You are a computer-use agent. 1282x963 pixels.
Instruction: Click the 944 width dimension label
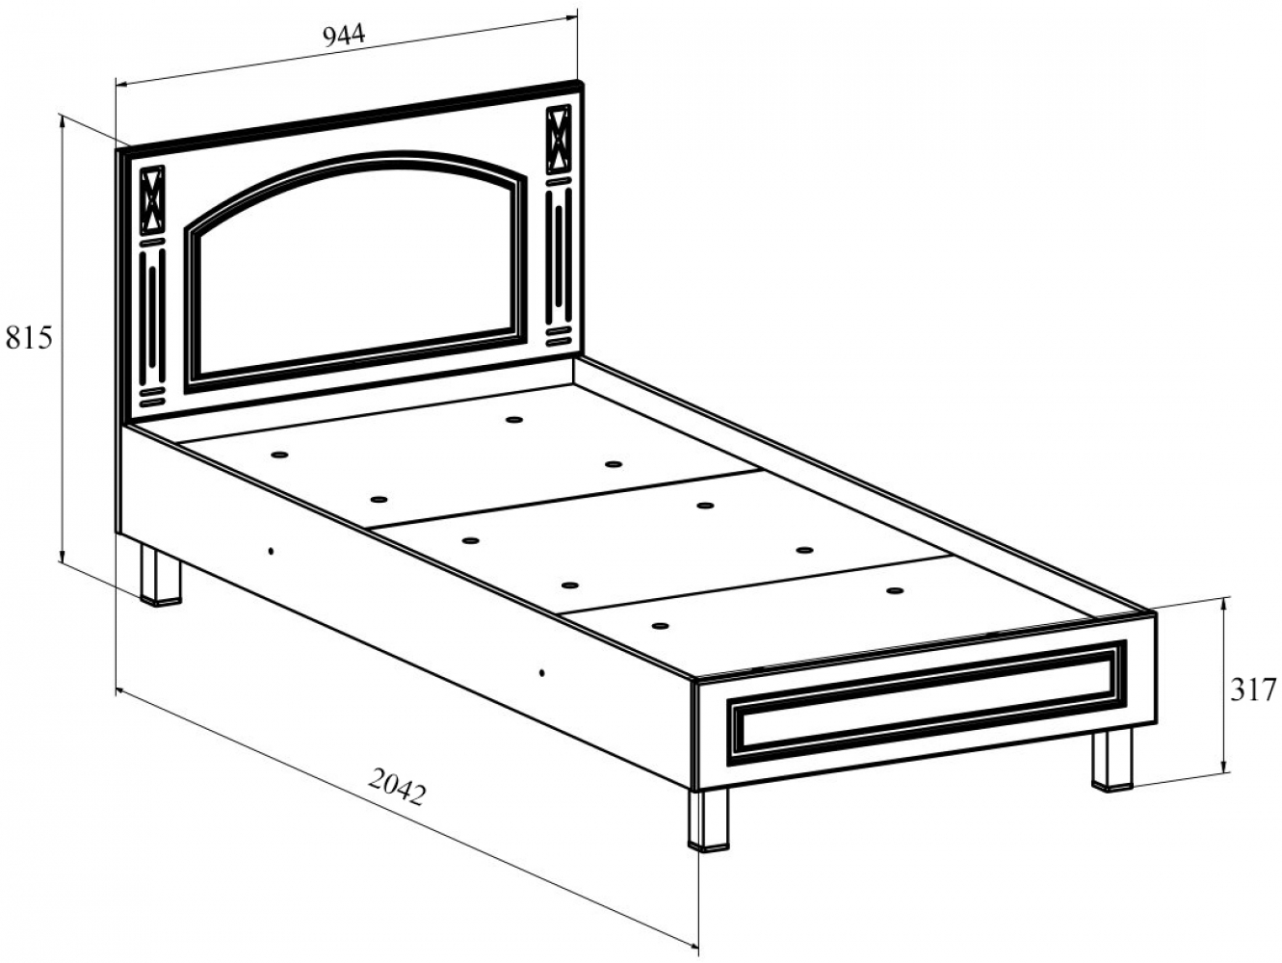[x=344, y=36]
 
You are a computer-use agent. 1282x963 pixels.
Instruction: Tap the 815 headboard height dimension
[x=29, y=338]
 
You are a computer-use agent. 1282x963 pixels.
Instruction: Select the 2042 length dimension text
[x=397, y=789]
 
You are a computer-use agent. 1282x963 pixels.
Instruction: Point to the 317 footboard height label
[x=1253, y=690]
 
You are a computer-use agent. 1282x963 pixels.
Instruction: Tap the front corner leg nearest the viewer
[x=709, y=819]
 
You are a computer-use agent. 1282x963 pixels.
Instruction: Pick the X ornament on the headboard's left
[x=153, y=201]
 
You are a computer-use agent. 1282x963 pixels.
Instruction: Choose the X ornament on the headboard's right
[x=559, y=140]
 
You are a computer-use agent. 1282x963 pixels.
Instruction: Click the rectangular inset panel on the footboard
[x=928, y=703]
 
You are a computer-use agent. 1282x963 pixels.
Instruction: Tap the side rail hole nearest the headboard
[x=271, y=551]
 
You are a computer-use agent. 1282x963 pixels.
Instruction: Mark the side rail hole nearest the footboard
[x=541, y=673]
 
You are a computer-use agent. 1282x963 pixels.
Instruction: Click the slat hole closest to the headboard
[x=514, y=419]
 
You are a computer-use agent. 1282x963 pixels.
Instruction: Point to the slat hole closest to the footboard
[x=661, y=626]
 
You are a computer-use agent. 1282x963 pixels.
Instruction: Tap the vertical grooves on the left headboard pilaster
[x=153, y=317]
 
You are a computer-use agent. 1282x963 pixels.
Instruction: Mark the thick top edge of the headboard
[x=350, y=119]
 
